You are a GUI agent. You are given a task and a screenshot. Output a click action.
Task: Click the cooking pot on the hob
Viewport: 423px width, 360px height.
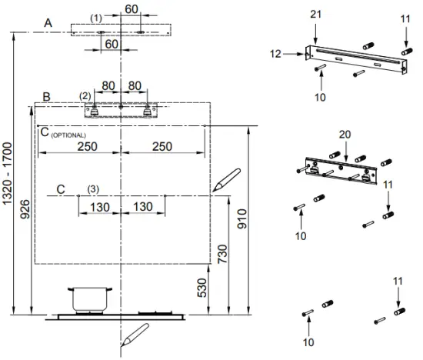(x=90, y=300)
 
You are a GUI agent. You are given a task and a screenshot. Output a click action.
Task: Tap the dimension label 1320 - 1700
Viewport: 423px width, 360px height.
(x=7, y=174)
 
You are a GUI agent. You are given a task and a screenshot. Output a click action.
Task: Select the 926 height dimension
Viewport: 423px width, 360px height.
(x=25, y=209)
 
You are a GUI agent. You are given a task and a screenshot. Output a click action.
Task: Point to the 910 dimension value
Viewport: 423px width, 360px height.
(x=242, y=218)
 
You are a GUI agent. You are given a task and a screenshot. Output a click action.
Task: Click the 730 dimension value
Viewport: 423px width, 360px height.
(x=223, y=254)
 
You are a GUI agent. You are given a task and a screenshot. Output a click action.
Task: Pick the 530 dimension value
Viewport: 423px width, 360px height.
(x=202, y=288)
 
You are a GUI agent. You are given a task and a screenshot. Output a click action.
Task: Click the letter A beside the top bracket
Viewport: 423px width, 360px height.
(x=48, y=23)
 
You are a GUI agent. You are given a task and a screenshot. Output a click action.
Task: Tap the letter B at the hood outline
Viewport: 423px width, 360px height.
(x=47, y=97)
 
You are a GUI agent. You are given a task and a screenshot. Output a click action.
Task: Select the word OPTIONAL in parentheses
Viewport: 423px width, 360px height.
(x=68, y=135)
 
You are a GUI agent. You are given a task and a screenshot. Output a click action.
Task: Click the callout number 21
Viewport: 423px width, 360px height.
(x=315, y=15)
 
